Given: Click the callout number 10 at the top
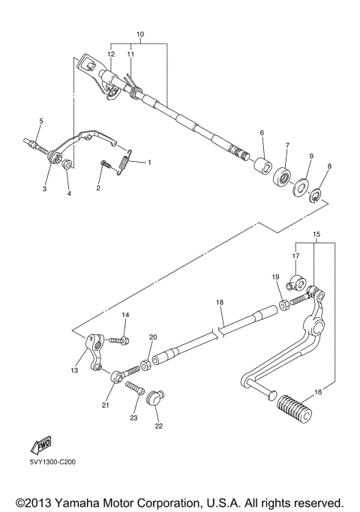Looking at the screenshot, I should [139, 35].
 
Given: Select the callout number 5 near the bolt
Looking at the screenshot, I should [41, 121].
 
